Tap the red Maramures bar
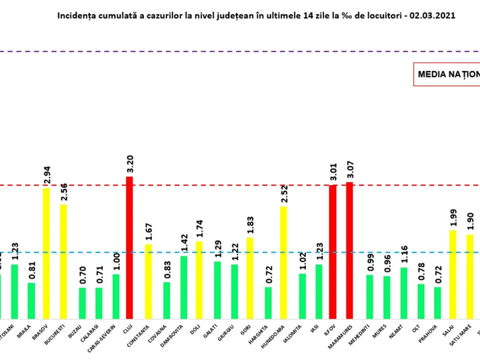pos(350,250)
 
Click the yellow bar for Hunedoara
pos(283,262)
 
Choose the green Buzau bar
pos(82,303)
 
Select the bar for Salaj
pos(453,274)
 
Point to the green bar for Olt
pos(421,301)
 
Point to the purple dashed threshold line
pos(240,52)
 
